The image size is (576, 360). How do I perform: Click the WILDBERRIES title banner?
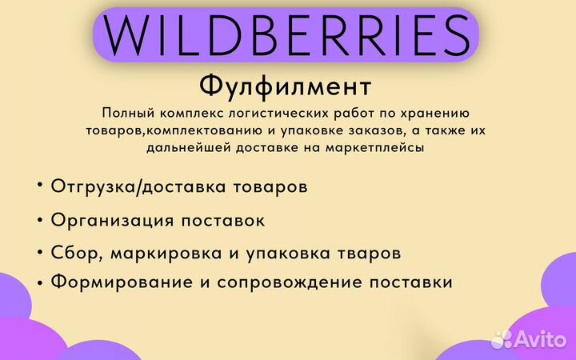point(286,34)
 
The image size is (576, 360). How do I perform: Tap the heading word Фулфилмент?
point(286,86)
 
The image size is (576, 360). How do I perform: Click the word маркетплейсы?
point(378,147)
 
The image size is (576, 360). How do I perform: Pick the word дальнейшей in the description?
point(193,147)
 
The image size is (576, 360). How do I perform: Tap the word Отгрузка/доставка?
point(121,186)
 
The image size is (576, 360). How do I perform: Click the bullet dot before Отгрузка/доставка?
point(39,186)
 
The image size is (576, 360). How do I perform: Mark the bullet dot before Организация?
point(39,218)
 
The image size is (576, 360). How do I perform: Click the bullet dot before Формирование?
point(39,281)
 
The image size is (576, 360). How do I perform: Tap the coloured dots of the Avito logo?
point(502,338)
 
